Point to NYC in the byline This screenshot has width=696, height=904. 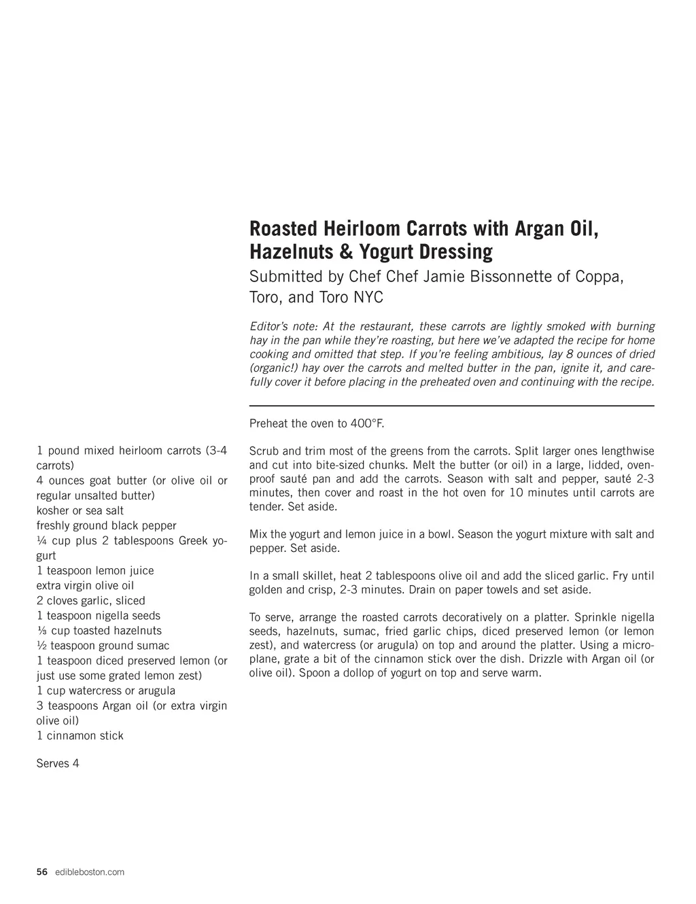pos(368,298)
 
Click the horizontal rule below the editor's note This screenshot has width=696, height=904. pos(452,406)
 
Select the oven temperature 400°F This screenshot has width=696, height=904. pos(367,423)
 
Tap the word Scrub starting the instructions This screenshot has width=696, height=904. pos(264,451)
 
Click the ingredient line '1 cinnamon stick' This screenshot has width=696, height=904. pos(80,735)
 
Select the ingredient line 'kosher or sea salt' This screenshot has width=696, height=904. pos(80,510)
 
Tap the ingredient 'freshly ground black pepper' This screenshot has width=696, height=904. pos(106,525)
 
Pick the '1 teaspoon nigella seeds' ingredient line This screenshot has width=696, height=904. pos(99,616)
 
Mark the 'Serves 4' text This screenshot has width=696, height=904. pos(58,763)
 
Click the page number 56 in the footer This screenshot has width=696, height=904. pos(42,872)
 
